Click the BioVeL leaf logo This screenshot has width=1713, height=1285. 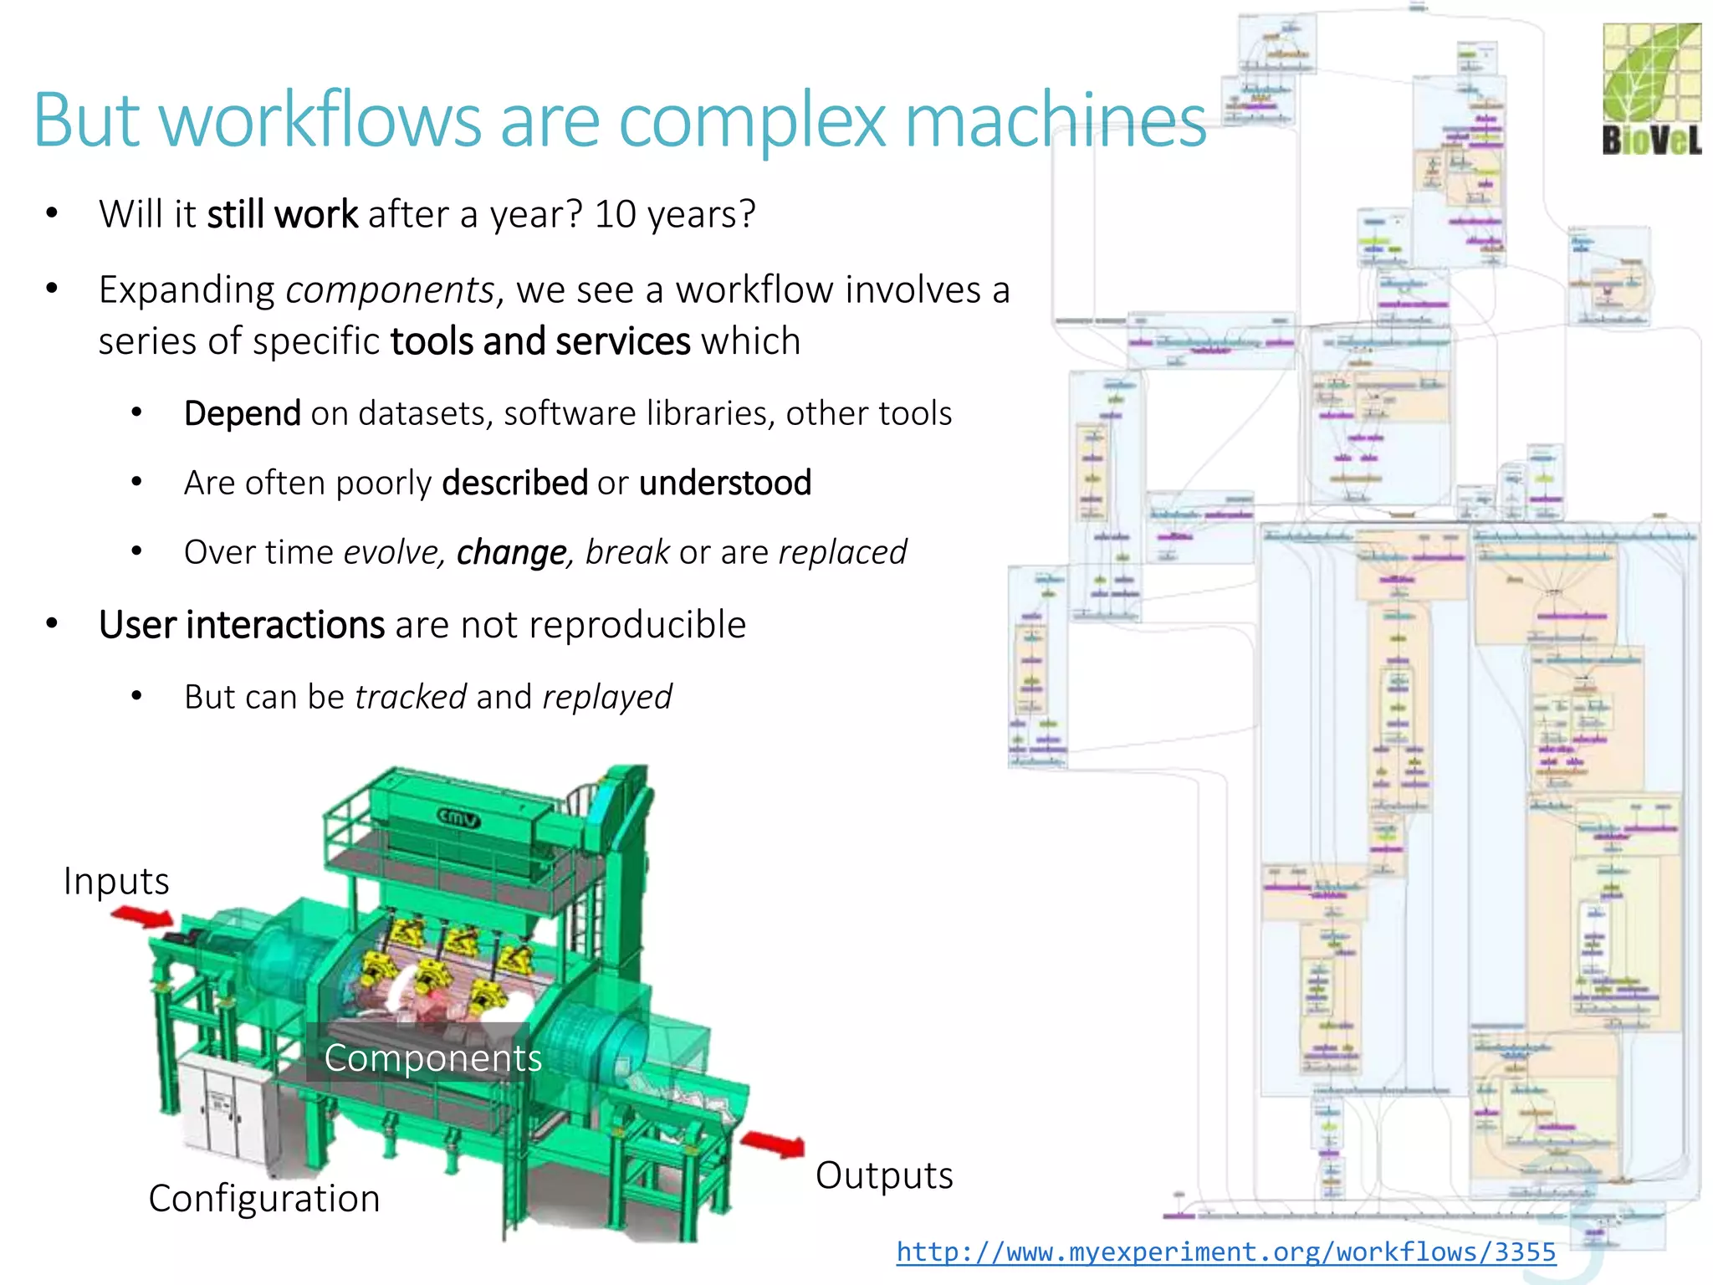click(1651, 89)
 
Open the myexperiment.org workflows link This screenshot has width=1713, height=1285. click(1225, 1252)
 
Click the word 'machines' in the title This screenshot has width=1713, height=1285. click(1056, 120)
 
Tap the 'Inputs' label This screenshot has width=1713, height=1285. click(116, 882)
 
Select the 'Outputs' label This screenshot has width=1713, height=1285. click(884, 1175)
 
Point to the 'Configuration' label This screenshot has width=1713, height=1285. click(264, 1198)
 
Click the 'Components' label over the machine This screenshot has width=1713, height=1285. click(432, 1058)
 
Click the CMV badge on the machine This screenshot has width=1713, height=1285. click(459, 817)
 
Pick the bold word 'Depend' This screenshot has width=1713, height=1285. click(243, 413)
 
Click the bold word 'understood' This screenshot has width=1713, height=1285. click(725, 483)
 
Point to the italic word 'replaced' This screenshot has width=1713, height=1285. click(842, 552)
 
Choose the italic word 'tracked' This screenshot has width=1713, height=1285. click(411, 697)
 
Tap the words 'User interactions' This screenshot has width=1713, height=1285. click(242, 625)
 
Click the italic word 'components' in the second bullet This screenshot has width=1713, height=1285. click(390, 290)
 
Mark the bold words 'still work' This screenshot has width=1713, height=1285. click(283, 214)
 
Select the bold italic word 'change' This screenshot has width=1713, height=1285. click(512, 552)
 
